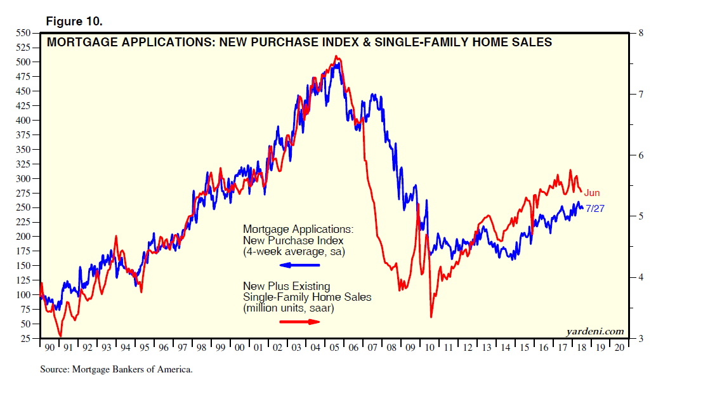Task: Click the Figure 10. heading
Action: pyautogui.click(x=74, y=22)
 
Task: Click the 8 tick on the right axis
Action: pyautogui.click(x=641, y=33)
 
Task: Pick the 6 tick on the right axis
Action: pyautogui.click(x=641, y=155)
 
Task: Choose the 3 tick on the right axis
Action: pyautogui.click(x=641, y=339)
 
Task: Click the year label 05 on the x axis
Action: pyautogui.click(x=333, y=348)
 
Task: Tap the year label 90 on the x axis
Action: pyautogui.click(x=48, y=348)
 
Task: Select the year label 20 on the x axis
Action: pyautogui.click(x=619, y=348)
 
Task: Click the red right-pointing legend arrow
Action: pyautogui.click(x=299, y=322)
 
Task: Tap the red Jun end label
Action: pyautogui.click(x=592, y=193)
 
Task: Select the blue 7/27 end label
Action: pyautogui.click(x=594, y=208)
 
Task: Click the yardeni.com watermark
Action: pyautogui.click(x=594, y=331)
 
